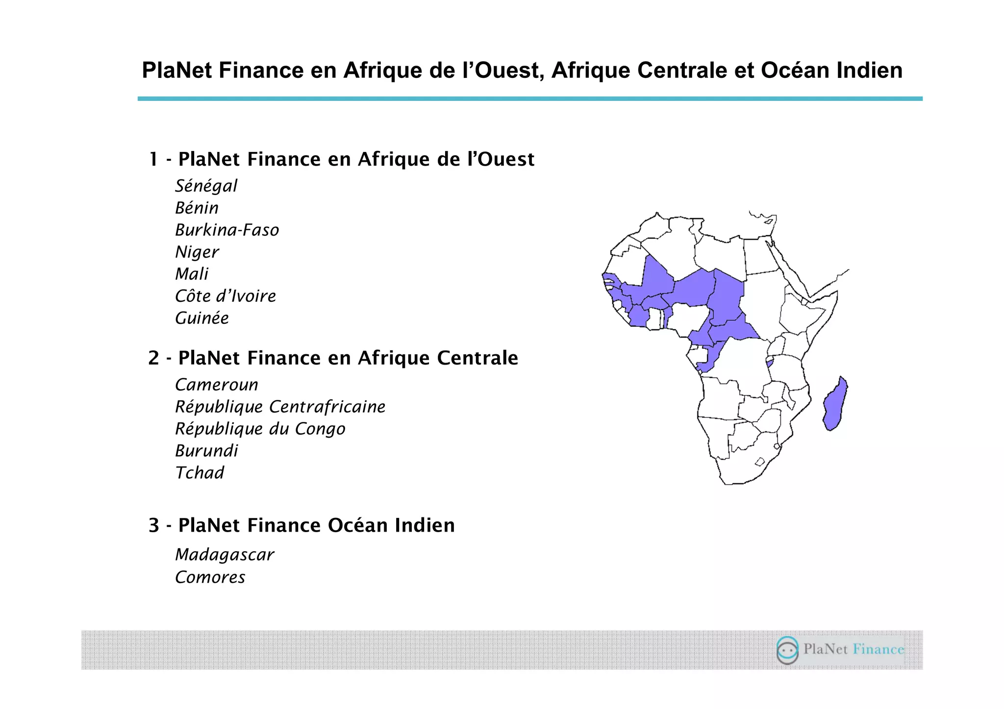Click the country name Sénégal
206,186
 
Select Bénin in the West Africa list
197,208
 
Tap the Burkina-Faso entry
227,230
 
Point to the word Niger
197,252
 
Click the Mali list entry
192,274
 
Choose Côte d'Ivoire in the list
226,296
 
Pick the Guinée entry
202,318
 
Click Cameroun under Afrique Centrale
217,385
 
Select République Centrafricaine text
280,407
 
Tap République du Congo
260,429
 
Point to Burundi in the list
206,451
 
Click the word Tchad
200,473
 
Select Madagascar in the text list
225,555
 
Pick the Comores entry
210,578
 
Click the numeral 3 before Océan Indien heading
154,526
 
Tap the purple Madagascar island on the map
835,404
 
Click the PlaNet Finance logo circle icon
787,650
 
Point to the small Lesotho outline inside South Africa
760,462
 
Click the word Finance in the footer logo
878,650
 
